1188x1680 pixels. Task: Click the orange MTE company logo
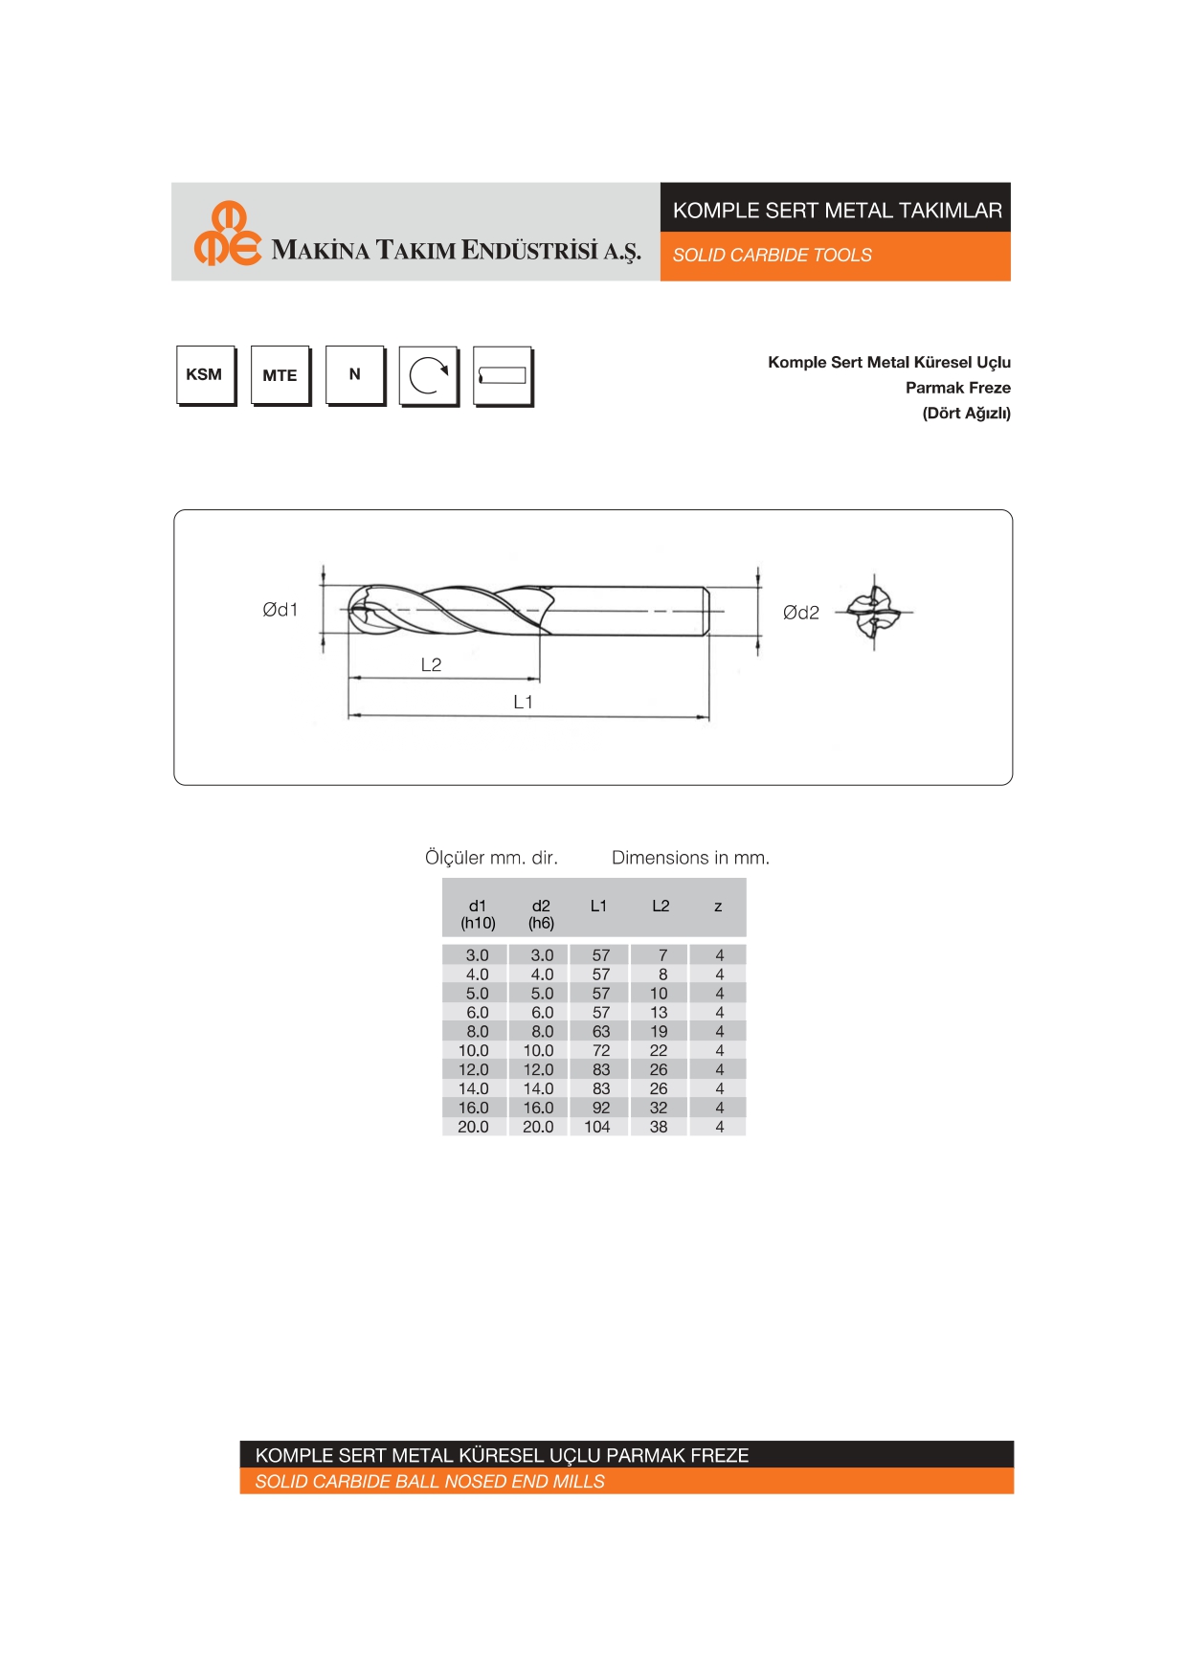pyautogui.click(x=227, y=234)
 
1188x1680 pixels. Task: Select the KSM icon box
pyautogui.click(x=205, y=375)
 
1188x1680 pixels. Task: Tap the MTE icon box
pyautogui.click(x=280, y=375)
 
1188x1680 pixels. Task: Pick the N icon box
pyautogui.click(x=354, y=375)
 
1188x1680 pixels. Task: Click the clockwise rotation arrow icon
pyautogui.click(x=428, y=375)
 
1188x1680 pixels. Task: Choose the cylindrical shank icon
pyautogui.click(x=502, y=376)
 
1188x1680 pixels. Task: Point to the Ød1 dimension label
pyautogui.click(x=280, y=610)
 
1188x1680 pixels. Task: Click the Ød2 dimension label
pyautogui.click(x=801, y=613)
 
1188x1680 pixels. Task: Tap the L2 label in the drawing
pyautogui.click(x=432, y=664)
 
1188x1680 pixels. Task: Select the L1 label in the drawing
pyautogui.click(x=524, y=702)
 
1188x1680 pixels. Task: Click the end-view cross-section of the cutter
pyautogui.click(x=873, y=612)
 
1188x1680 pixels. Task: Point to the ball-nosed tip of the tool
pyautogui.click(x=358, y=610)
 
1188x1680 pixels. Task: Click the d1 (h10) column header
pyautogui.click(x=478, y=914)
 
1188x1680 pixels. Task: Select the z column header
pyautogui.click(x=718, y=906)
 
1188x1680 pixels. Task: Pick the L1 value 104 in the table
pyautogui.click(x=597, y=1127)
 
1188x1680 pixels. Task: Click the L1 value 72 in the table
pyautogui.click(x=601, y=1050)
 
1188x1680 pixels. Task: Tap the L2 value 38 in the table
pyautogui.click(x=659, y=1127)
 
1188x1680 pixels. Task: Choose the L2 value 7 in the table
pyautogui.click(x=662, y=955)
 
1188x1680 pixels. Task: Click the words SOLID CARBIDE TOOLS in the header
pyautogui.click(x=772, y=256)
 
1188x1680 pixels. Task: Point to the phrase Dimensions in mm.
pyautogui.click(x=690, y=858)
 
